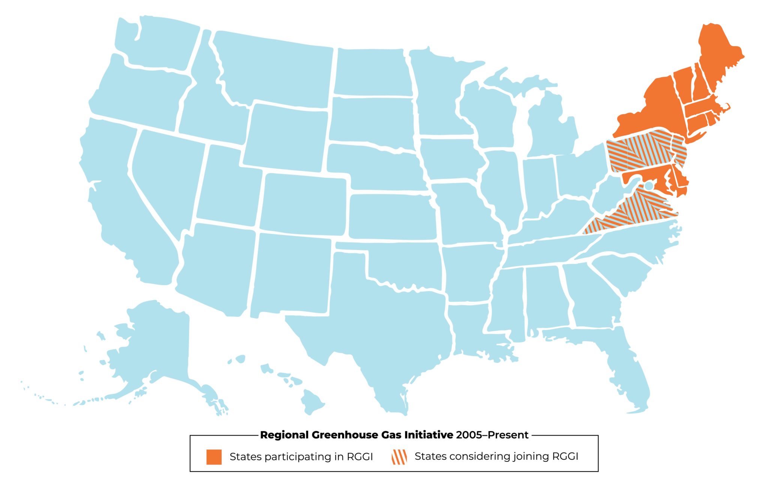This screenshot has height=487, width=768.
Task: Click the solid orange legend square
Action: click(214, 457)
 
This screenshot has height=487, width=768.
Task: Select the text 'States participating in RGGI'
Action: click(301, 457)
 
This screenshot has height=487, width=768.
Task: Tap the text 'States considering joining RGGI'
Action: click(496, 456)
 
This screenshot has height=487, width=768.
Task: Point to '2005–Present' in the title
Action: click(492, 435)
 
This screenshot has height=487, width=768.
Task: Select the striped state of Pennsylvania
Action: click(637, 154)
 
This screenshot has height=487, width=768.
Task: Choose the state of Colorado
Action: click(303, 204)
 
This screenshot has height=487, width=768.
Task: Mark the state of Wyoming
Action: click(287, 137)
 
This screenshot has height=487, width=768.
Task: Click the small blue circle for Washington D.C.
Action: click(648, 186)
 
